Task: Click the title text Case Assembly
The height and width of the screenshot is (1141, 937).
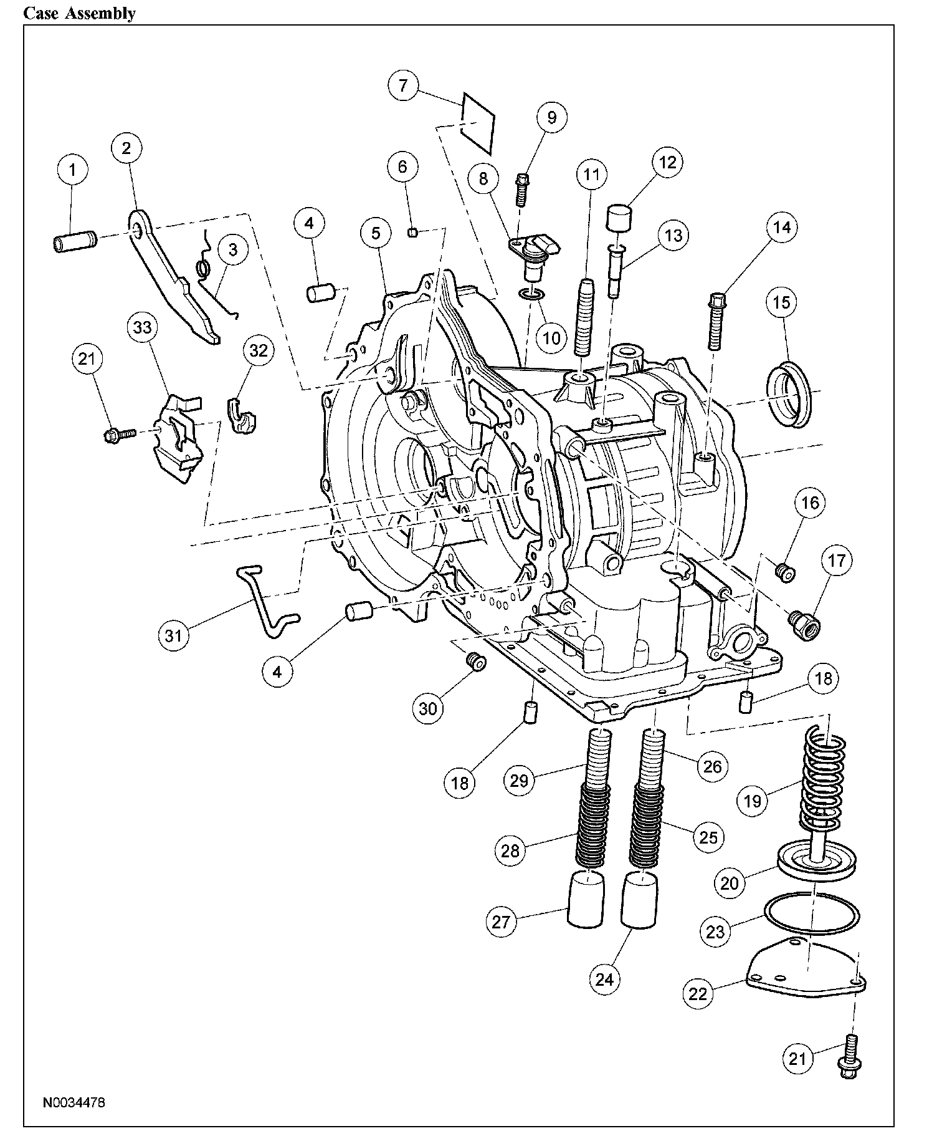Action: click(79, 13)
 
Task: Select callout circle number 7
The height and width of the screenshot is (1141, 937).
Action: click(403, 85)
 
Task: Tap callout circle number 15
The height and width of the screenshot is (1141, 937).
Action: click(782, 302)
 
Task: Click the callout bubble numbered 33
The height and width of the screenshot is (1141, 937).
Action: click(143, 327)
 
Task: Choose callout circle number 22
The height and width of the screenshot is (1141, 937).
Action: click(698, 993)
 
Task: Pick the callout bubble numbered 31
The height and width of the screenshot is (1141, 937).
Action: click(173, 635)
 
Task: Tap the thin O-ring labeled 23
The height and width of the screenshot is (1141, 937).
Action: click(812, 915)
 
